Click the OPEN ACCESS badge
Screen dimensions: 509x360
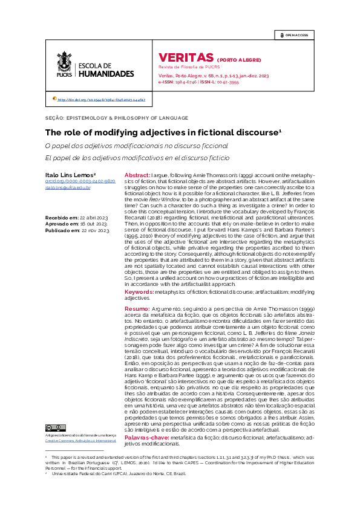tap(293, 36)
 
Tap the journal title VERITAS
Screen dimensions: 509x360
tap(182, 57)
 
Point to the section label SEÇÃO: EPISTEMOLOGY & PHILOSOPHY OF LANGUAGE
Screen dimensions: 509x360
tap(117, 118)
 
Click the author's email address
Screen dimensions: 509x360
tap(68, 188)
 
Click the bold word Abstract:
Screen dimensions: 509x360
tap(137, 174)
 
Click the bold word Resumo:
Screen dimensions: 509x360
tap(137, 308)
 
